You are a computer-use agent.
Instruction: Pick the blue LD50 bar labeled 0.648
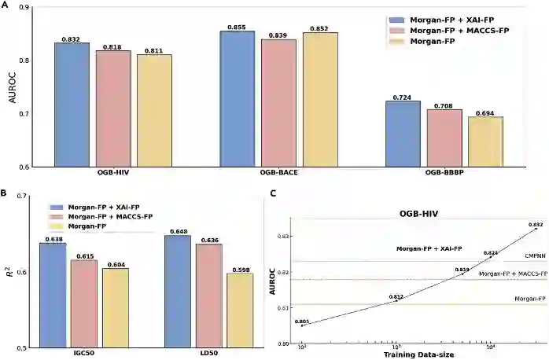click(178, 292)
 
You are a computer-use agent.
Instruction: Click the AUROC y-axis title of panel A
click(12, 87)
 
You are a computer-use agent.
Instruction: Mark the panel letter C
click(273, 193)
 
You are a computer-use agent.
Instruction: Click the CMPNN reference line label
click(536, 257)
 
